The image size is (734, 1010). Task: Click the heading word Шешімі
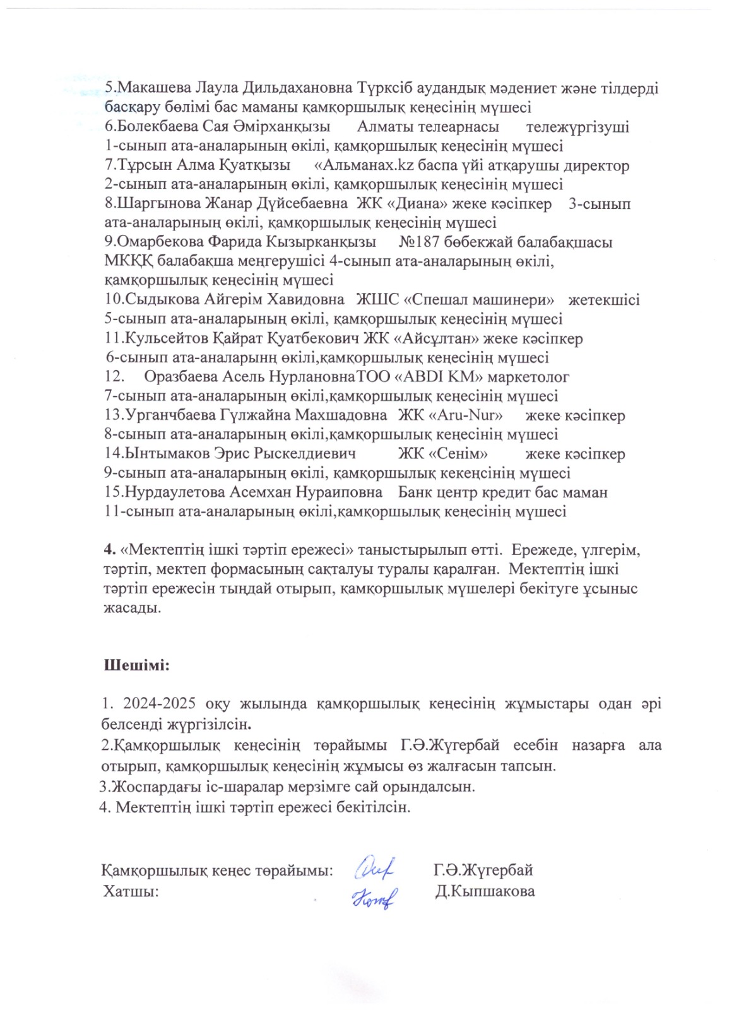[136, 665]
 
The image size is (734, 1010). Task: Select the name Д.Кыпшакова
[485, 891]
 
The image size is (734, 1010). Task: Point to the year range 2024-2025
[159, 704]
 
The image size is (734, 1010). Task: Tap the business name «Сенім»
[458, 454]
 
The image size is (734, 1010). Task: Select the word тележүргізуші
[577, 127]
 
